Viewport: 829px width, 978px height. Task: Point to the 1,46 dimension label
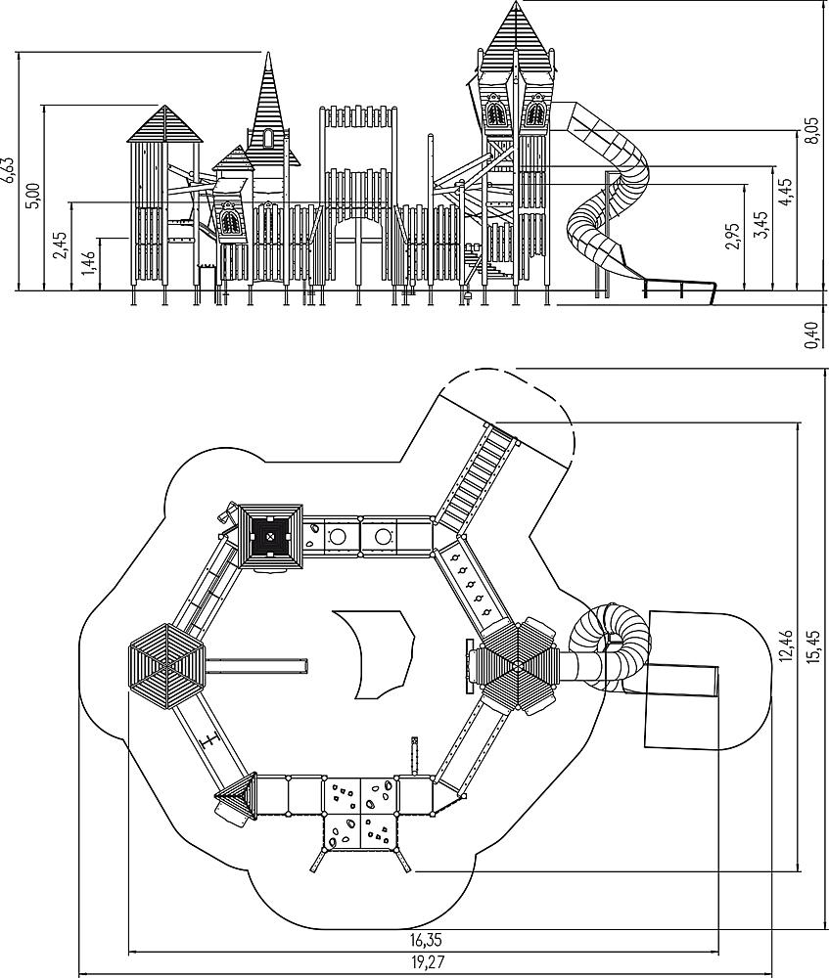point(89,262)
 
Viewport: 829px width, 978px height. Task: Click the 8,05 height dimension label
point(811,130)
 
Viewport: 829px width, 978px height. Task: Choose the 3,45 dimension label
point(760,225)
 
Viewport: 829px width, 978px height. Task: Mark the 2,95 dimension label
point(733,236)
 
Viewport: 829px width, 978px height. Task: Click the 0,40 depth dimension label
point(811,335)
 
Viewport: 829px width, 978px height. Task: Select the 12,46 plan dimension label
point(786,645)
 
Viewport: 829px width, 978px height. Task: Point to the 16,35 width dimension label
point(427,939)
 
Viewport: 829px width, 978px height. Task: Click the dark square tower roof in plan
point(270,536)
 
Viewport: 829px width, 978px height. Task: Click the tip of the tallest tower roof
point(516,2)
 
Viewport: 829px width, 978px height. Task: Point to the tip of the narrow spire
point(268,54)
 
